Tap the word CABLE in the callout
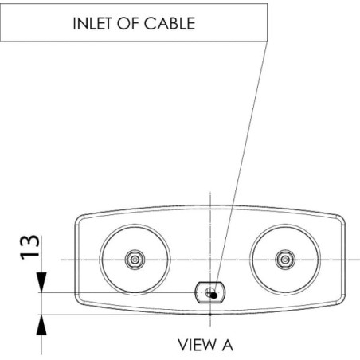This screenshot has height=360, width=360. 170,23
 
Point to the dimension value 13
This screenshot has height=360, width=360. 29,247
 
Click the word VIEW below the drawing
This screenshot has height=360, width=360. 197,345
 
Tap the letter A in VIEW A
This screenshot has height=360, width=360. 228,345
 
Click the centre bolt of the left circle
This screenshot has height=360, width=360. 135,260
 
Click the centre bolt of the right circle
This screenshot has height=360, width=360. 285,260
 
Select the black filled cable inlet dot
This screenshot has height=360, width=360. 213,295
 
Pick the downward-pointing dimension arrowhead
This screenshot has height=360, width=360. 41,282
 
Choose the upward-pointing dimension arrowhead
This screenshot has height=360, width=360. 41,325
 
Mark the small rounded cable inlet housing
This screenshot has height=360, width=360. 210,292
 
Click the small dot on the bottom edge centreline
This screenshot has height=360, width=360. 210,315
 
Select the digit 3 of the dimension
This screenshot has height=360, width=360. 29,241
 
